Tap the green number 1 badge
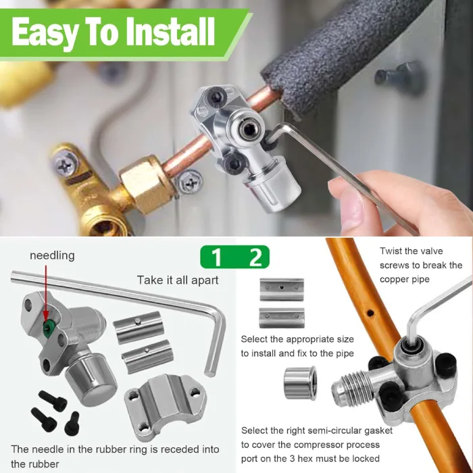[x=216, y=257]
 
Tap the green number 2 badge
[x=255, y=257]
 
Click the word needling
[x=52, y=255]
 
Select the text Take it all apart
[x=178, y=280]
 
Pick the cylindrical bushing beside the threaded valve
[x=299, y=383]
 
